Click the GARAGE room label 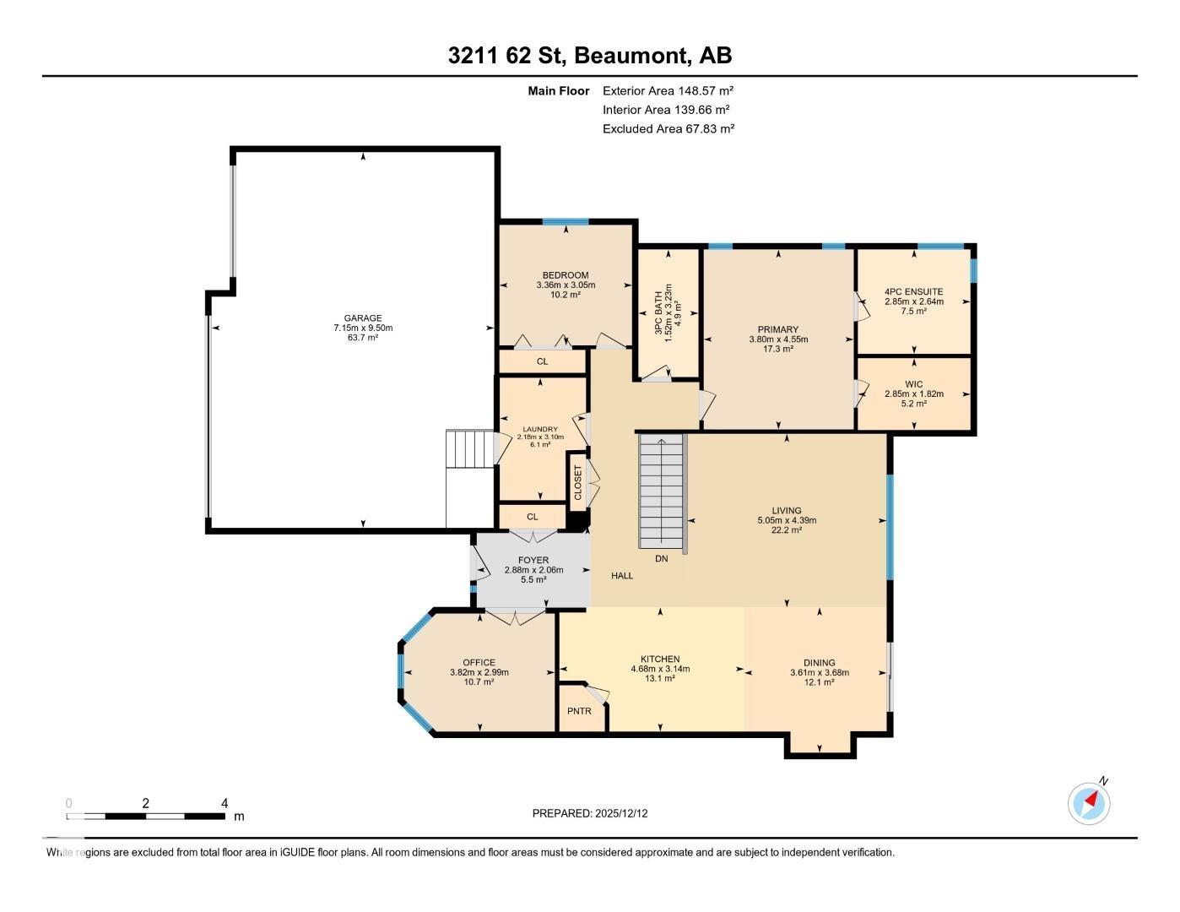(362, 318)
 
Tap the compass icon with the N (1089, 802)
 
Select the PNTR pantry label (579, 711)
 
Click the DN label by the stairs (662, 559)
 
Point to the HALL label (622, 576)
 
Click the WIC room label (913, 384)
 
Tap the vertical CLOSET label (578, 482)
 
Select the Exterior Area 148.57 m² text (668, 90)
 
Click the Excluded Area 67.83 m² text (668, 129)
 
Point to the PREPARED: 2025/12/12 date (590, 814)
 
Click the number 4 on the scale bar (225, 804)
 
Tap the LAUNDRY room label (540, 429)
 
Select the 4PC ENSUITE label (913, 291)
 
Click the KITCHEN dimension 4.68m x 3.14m (660, 669)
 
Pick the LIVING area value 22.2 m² (787, 530)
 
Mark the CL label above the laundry (543, 361)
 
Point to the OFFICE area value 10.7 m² (479, 682)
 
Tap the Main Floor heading (558, 90)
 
